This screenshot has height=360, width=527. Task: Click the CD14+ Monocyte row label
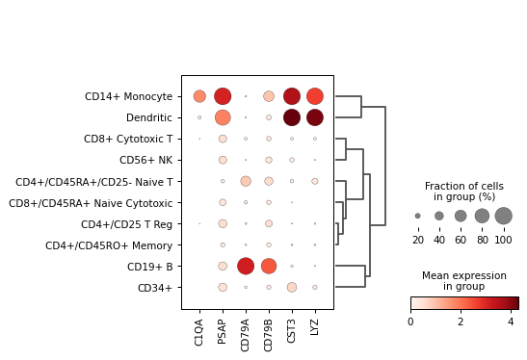pos(128,96)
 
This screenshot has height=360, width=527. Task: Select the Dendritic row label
pos(149,117)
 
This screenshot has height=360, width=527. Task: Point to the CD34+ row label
pos(155,287)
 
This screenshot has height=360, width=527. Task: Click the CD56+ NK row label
pos(145,160)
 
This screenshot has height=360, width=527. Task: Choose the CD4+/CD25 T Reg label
pos(126,223)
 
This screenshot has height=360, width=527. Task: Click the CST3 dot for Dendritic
pos(292,117)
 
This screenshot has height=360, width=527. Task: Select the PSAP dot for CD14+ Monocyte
pos(223,96)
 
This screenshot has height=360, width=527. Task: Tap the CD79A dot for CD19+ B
pos(246,266)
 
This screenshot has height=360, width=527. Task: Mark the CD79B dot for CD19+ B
pos(269,266)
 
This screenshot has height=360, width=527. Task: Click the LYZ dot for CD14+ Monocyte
pos(315,96)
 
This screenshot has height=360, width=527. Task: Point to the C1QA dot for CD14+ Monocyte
pos(199,96)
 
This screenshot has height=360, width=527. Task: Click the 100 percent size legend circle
pos(503,216)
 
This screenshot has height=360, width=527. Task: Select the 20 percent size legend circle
pos(417,216)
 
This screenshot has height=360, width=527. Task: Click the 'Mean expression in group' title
pos(464,281)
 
